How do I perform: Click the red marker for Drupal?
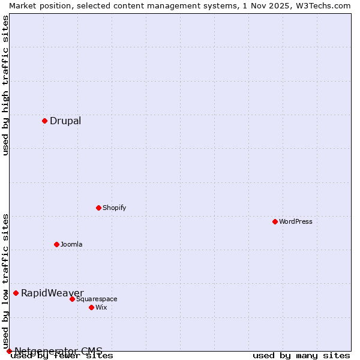pos(44,121)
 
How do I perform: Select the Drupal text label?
pos(65,121)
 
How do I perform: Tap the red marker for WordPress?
pos(275,221)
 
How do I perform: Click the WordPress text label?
pos(296,221)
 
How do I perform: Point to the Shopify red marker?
pos(98,208)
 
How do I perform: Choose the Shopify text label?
pos(114,208)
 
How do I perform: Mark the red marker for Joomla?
pos(56,244)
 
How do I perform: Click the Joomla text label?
pos(71,244)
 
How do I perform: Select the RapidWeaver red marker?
pos(16,293)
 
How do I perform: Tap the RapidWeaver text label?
pos(52,293)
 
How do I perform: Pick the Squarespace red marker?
pos(72,299)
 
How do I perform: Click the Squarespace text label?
pos(97,299)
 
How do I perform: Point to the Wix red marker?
pos(91,307)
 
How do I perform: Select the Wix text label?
pos(101,307)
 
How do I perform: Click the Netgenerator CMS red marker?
pos(9,351)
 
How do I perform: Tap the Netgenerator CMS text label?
pos(58,351)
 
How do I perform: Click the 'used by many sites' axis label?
pos(301,356)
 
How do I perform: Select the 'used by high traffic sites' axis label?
pos(5,86)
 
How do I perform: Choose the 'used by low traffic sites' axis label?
pos(5,281)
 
